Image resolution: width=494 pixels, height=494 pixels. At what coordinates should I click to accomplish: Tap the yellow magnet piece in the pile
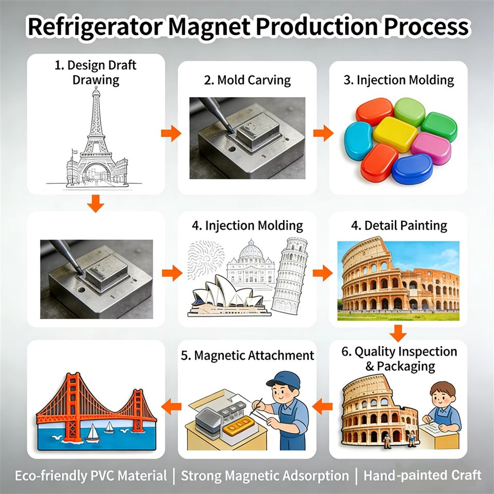pos(395,134)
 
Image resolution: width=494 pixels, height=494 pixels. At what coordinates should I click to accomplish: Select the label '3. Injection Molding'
pos(398,80)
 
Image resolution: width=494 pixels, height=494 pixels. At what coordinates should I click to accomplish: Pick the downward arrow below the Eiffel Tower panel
pos(95,205)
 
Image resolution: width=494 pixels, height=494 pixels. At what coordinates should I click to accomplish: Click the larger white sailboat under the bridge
pos(93,433)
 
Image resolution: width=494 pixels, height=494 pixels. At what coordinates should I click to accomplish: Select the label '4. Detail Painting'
pos(398,225)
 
